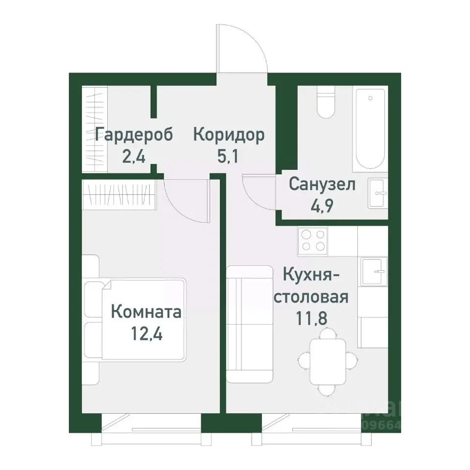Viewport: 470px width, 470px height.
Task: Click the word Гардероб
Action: tap(134, 135)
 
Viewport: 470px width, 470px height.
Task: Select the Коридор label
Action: tap(229, 135)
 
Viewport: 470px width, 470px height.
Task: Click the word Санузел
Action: tap(322, 185)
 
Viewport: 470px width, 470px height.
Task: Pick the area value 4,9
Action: tap(322, 206)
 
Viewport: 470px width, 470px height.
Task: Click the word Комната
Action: tap(146, 311)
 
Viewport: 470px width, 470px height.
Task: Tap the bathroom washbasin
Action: tap(377, 193)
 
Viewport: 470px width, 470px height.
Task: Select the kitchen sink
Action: tap(374, 271)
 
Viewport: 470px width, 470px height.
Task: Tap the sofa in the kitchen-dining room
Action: tap(250, 324)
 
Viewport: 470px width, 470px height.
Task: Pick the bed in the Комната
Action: tap(137, 319)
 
